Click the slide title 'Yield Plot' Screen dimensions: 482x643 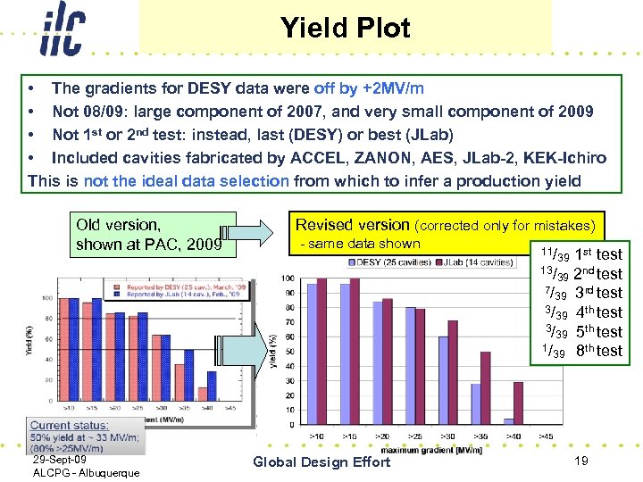345,29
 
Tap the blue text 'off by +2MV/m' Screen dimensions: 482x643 369,88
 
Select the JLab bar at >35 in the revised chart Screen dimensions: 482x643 485,387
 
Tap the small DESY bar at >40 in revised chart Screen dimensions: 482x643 508,420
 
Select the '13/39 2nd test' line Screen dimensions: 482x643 580,274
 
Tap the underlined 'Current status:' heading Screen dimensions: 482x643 70,426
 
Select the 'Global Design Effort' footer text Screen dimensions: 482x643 321,461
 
